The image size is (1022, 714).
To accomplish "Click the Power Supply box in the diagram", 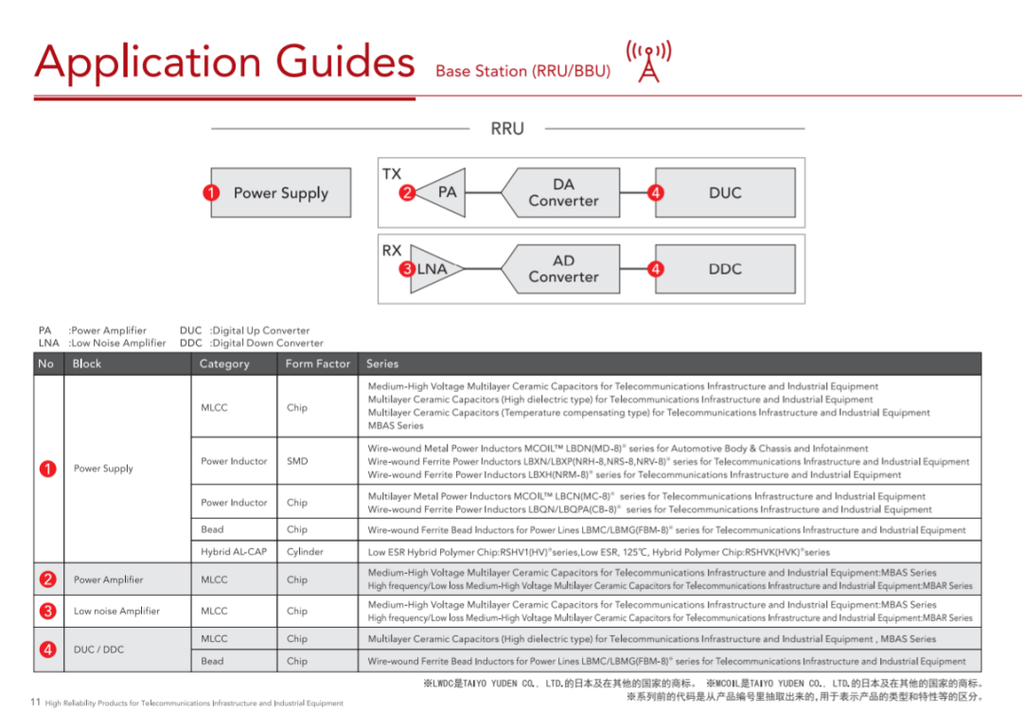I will (281, 193).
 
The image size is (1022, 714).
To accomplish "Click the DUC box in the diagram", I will (725, 193).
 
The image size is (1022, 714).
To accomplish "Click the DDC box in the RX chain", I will (725, 269).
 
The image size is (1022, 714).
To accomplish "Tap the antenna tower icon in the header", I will (648, 62).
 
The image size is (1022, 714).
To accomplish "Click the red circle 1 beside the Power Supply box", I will (213, 193).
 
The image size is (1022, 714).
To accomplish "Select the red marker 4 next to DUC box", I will (656, 193).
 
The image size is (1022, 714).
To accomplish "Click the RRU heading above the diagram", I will (507, 129).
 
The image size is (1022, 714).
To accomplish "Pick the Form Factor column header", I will (318, 364).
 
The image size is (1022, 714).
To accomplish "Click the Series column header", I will (382, 364).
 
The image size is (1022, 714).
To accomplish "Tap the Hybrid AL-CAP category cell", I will (234, 551).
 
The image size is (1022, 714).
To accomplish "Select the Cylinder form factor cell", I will (305, 551).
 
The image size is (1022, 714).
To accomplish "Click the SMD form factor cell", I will (297, 461).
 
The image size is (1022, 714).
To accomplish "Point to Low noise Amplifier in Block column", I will (117, 611).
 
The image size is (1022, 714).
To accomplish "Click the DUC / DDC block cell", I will (99, 650).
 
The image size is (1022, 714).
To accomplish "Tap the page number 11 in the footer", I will (36, 702).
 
